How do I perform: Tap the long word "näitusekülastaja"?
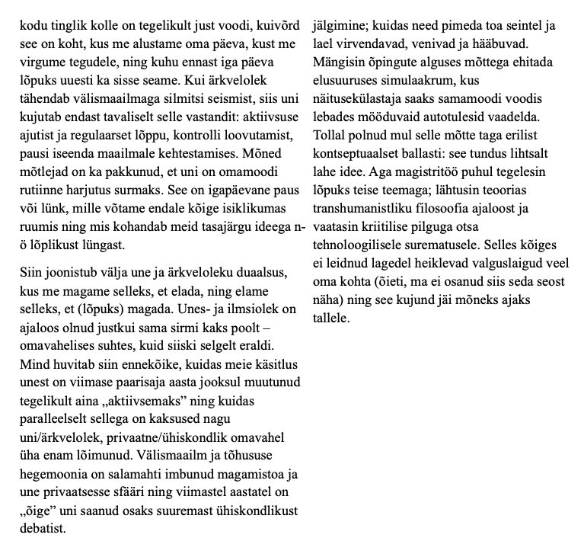click(x=359, y=100)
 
